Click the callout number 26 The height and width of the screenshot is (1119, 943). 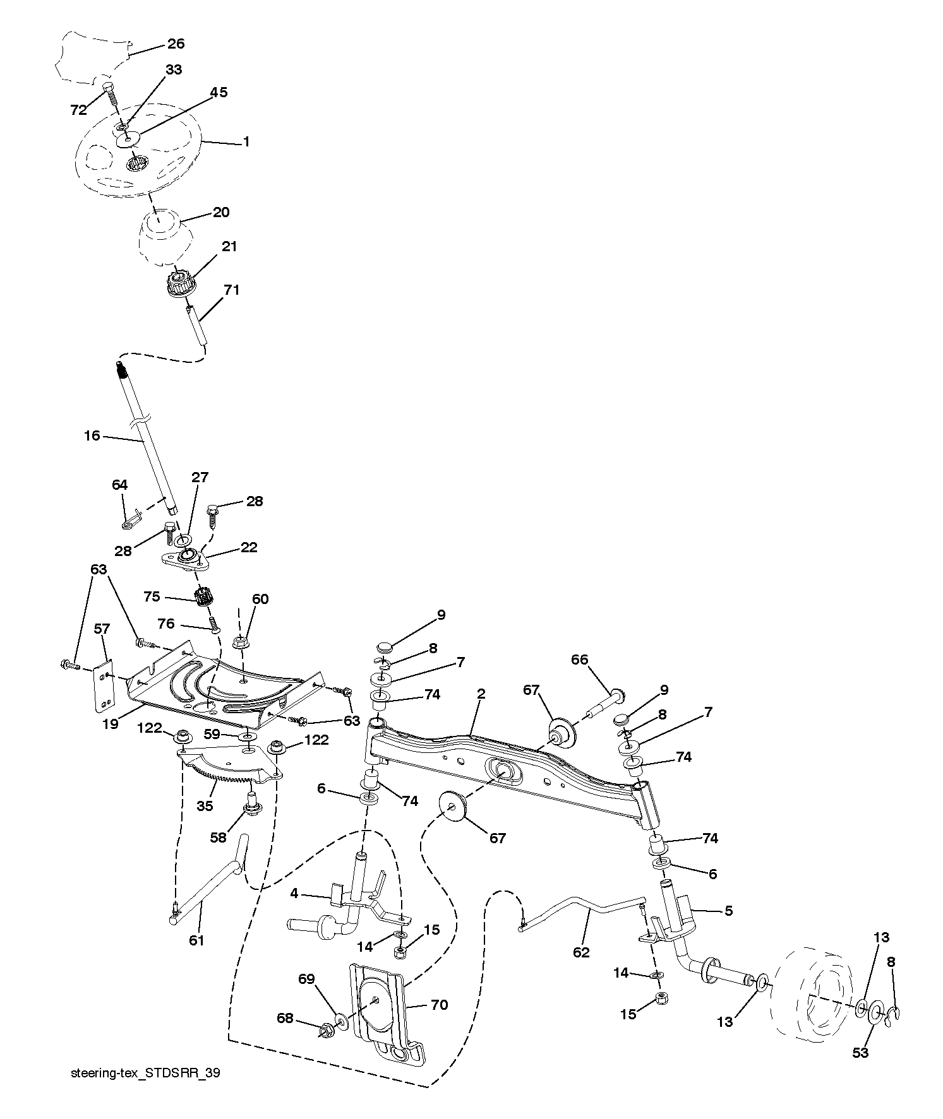tap(176, 44)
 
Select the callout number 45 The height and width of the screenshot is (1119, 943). tap(219, 93)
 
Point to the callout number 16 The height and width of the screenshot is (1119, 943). tap(92, 435)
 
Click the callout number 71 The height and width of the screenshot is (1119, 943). tap(231, 290)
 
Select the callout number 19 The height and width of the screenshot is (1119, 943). tap(111, 724)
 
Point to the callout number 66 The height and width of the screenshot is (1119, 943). tap(579, 660)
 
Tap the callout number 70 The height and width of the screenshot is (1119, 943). tap(439, 1004)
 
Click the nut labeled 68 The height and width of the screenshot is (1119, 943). tap(327, 1031)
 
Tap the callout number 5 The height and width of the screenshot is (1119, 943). tap(728, 911)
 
